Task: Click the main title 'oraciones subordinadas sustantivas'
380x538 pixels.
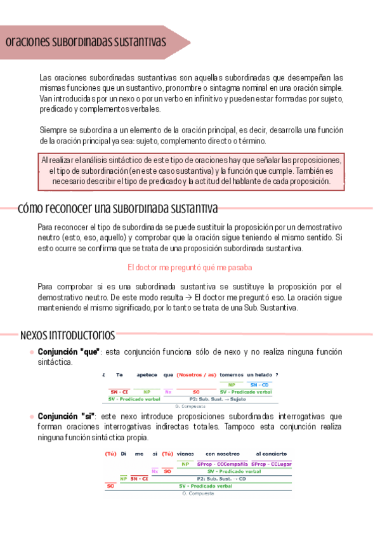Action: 86,42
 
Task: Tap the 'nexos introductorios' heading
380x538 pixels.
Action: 67,334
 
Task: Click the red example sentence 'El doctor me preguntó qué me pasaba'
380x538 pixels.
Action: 190,267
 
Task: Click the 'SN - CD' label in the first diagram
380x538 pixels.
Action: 259,385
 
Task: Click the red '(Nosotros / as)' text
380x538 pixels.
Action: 196,375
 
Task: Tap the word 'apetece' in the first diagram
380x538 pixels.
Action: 147,375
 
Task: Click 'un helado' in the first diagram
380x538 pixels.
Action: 259,375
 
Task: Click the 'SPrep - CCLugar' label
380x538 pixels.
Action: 271,464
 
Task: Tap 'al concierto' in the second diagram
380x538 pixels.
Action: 271,454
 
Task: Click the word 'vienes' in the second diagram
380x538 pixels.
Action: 185,454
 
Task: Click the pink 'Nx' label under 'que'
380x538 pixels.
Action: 168,392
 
